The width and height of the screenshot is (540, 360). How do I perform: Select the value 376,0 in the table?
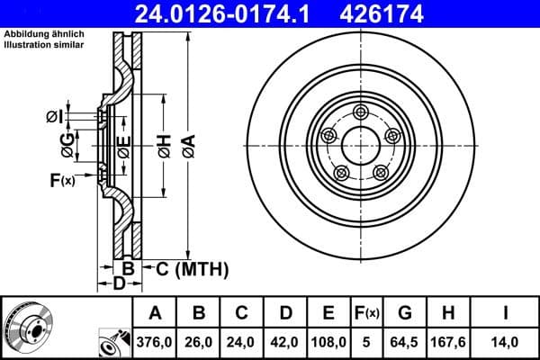[156, 342]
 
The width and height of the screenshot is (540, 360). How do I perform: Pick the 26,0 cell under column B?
[200, 342]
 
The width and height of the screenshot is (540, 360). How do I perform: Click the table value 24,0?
[243, 342]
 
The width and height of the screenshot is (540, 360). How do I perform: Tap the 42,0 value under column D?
[286, 342]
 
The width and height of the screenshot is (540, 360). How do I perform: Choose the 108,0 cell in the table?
[328, 342]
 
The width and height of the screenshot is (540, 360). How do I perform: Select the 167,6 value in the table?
[447, 342]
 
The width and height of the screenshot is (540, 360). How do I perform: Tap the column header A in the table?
[156, 313]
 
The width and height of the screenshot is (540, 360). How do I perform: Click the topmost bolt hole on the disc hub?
[361, 112]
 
